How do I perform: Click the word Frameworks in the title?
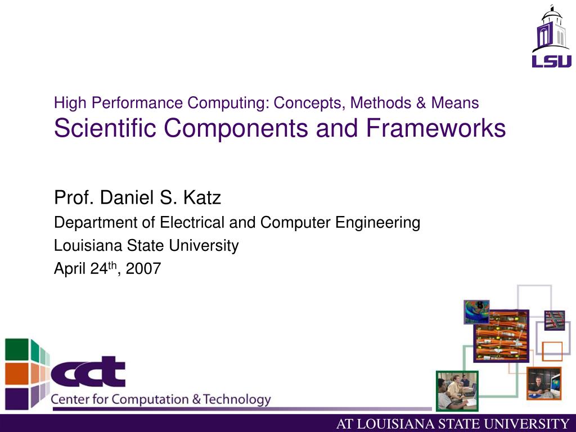(x=436, y=129)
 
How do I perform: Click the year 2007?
(x=143, y=269)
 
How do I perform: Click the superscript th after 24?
(x=112, y=266)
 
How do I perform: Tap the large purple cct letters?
(x=88, y=372)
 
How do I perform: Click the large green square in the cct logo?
(x=16, y=349)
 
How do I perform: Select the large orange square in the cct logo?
(x=16, y=374)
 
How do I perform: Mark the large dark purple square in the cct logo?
(x=16, y=399)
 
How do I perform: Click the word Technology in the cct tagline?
(x=237, y=400)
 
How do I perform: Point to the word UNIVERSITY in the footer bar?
(x=531, y=424)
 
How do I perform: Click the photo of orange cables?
(x=501, y=336)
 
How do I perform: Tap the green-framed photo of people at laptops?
(x=457, y=391)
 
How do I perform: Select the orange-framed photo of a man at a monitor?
(x=544, y=384)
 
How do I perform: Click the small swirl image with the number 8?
(x=476, y=312)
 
